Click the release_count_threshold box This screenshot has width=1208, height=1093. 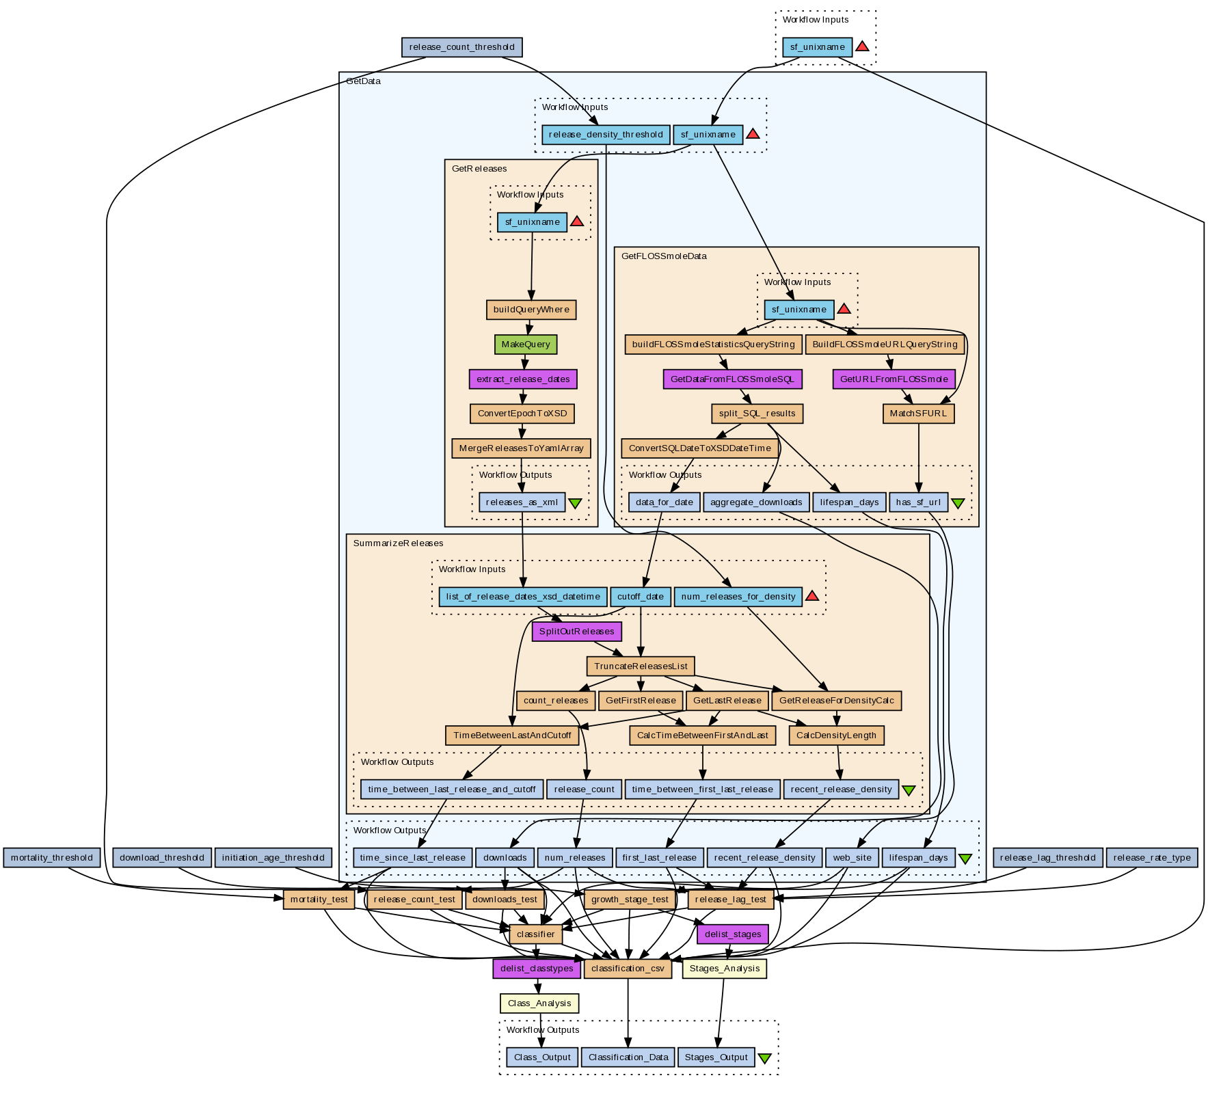pos(461,47)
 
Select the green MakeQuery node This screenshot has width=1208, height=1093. pos(526,345)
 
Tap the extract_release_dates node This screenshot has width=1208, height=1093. pos(524,379)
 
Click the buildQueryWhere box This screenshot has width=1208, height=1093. pos(531,310)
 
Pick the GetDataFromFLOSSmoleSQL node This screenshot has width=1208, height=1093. pos(733,379)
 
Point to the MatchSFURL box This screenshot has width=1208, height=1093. pos(919,414)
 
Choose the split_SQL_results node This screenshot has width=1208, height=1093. pos(757,414)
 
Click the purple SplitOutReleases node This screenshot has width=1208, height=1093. pos(577,632)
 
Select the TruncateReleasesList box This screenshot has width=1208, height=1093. pos(641,666)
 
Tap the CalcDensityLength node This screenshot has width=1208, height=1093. pos(837,736)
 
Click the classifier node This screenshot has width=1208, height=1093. pos(536,934)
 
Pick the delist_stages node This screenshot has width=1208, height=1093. pos(732,934)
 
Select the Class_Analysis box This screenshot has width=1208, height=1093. pos(539,1003)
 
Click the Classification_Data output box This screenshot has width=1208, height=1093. pos(628,1057)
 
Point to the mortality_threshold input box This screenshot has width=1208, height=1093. pos(52,858)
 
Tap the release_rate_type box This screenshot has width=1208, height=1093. pos(1152,858)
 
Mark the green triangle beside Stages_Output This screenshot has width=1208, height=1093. pos(765,1058)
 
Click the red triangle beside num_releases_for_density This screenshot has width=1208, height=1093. pos(812,596)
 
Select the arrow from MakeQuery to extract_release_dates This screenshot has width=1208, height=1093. pos(525,362)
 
